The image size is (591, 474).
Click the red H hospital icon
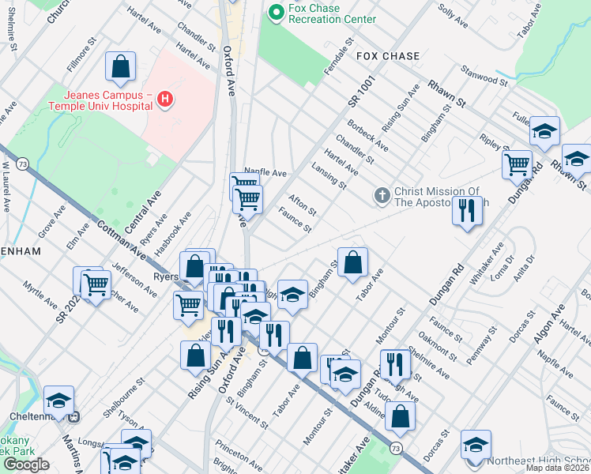(165, 100)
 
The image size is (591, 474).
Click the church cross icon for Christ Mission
(382, 195)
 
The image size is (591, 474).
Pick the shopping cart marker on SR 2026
(96, 284)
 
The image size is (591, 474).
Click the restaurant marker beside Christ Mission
(468, 211)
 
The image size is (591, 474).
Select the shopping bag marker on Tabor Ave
(353, 262)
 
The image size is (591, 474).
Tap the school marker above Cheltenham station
(58, 401)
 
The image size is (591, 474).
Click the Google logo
(26, 464)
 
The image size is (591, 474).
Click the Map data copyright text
(558, 468)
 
